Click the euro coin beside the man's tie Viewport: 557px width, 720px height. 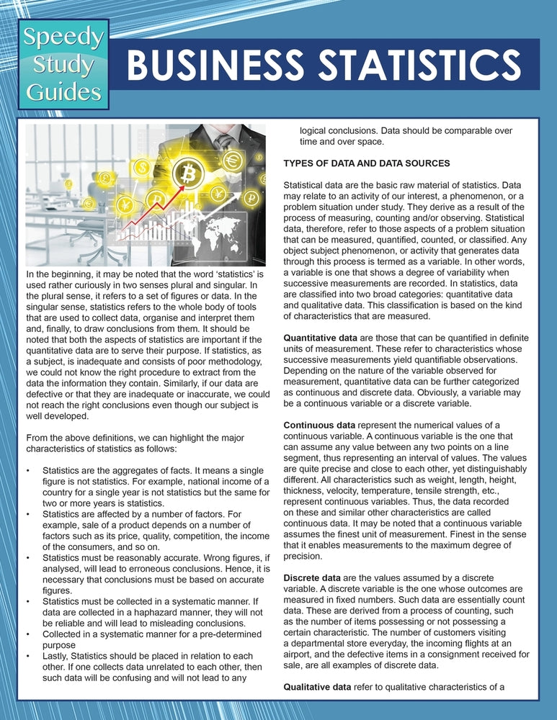[x=233, y=162]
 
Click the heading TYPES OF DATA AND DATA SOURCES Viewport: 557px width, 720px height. [x=367, y=163]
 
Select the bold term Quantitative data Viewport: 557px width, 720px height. [x=318, y=338]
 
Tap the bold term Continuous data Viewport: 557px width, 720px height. [x=316, y=426]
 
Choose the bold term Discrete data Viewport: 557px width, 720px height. [x=311, y=578]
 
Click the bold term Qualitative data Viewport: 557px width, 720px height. [x=316, y=687]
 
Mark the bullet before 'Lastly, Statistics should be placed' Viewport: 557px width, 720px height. [x=27, y=656]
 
